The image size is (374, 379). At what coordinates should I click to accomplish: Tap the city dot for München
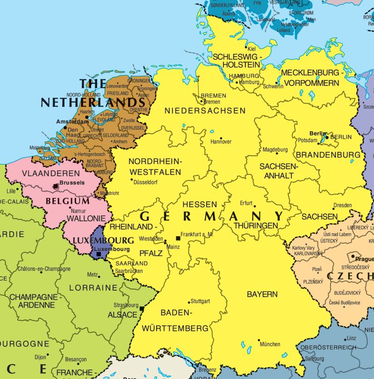coord(259,340)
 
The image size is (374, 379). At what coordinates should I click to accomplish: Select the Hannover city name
coord(221,142)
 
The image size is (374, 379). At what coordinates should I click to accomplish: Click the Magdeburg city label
coord(275,150)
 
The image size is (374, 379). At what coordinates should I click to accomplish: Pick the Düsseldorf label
coord(145,182)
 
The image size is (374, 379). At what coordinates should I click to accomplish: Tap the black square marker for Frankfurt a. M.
coord(178,238)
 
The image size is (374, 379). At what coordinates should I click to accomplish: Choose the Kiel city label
coord(252,49)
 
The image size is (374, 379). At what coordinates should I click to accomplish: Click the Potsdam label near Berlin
coord(308,140)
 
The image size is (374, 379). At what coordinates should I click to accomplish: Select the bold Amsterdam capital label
coord(72,121)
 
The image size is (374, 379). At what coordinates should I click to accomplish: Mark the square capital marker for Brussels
coord(56,186)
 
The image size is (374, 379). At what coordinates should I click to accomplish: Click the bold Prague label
coord(365,259)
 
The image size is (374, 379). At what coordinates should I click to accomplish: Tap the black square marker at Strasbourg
coord(142,309)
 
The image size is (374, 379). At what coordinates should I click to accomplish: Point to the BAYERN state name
coord(262,294)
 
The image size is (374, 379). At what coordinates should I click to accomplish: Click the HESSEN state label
coord(200,204)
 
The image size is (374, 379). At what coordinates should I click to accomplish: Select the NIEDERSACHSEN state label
coord(205,111)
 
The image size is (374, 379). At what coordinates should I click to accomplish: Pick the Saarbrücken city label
coord(129,271)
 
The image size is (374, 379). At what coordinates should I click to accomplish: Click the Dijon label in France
coord(41,356)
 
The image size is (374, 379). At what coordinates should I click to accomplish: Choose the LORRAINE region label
coord(93,288)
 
